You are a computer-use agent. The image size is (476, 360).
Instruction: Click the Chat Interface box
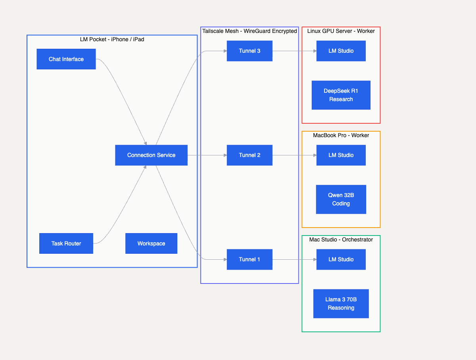tap(66, 59)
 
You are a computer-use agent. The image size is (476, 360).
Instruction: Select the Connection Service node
tap(151, 155)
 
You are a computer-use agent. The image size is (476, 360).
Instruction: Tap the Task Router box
tap(66, 243)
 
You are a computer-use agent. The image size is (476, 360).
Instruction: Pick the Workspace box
tap(151, 243)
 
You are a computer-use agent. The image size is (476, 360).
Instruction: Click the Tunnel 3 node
tap(250, 51)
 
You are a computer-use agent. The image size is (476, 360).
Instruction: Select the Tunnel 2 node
tap(250, 155)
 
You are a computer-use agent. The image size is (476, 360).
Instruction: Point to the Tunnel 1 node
tap(250, 259)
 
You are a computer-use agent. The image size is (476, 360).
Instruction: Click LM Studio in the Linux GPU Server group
tap(341, 51)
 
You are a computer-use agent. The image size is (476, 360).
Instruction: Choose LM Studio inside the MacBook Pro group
tap(341, 155)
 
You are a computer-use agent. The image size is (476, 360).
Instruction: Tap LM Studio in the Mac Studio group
tap(341, 259)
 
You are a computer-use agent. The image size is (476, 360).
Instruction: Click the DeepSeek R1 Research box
tap(341, 95)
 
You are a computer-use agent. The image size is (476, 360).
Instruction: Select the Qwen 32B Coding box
tap(341, 199)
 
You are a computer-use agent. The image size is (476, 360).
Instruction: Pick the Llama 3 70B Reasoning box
tap(341, 304)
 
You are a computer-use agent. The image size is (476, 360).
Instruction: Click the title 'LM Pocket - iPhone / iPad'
tap(112, 39)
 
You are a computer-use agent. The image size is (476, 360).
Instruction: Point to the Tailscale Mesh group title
tap(250, 31)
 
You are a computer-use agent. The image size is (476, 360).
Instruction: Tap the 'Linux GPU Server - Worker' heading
tap(341, 31)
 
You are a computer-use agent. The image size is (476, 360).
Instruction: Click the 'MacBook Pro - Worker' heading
tap(341, 135)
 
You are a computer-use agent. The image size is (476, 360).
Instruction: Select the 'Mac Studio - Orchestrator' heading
tap(341, 239)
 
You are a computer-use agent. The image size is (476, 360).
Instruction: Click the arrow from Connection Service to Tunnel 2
tap(207, 155)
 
